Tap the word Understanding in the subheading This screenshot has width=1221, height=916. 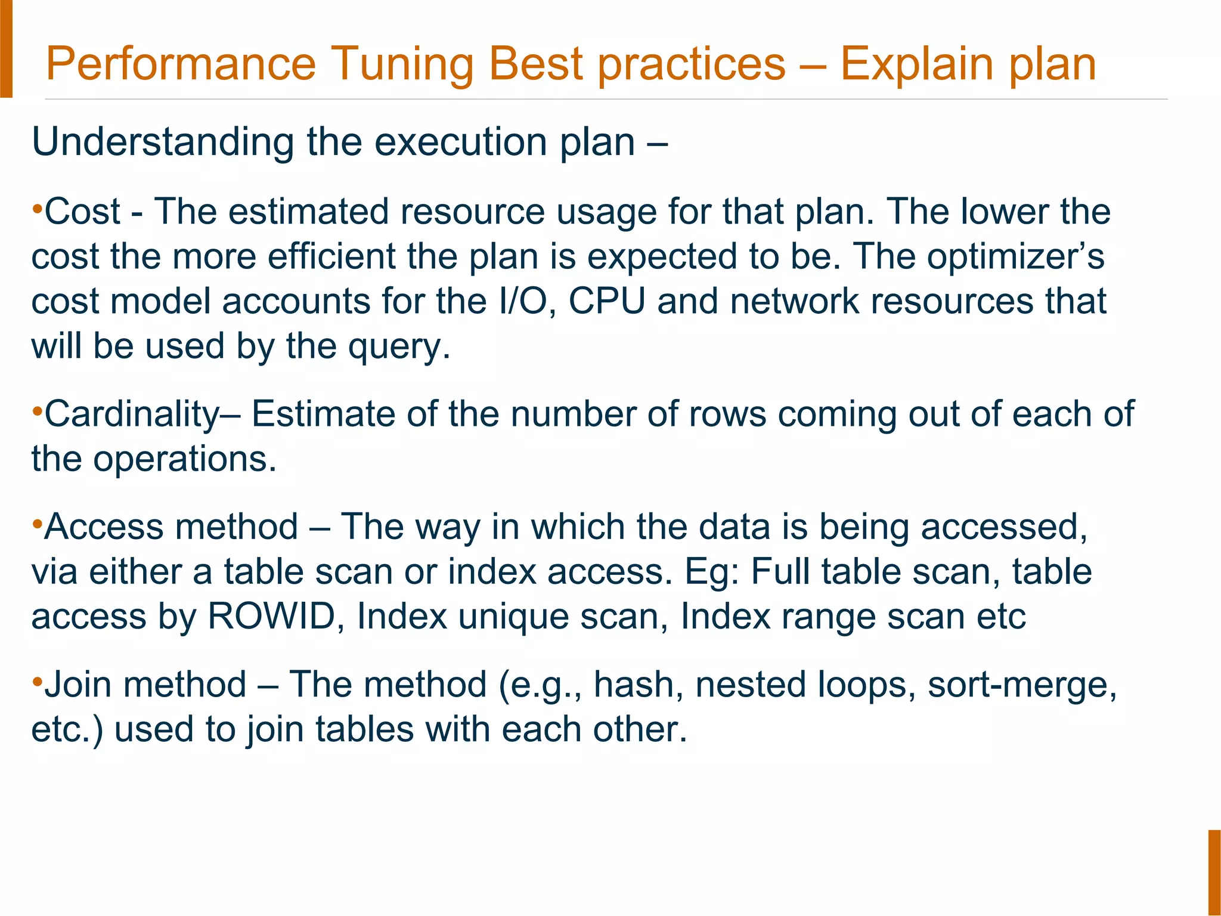(162, 143)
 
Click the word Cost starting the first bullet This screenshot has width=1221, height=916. (82, 212)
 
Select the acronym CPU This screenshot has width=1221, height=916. (606, 301)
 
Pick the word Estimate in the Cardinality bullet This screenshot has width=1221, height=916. (323, 414)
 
